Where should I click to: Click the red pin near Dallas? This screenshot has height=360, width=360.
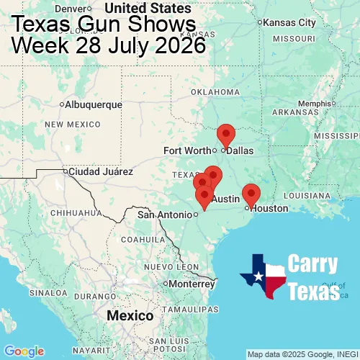coord(226,135)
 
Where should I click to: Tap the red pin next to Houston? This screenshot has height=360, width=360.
coord(251,194)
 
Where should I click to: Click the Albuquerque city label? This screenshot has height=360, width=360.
coord(93,104)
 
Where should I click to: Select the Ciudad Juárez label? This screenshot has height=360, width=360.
coord(100,172)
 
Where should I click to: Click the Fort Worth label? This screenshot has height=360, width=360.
coord(186,150)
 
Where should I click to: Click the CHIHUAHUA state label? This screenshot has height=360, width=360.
coord(71,213)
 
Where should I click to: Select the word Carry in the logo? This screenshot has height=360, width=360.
coord(314,264)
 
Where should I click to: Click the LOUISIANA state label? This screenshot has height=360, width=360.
coord(307,196)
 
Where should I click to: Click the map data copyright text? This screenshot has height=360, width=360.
coord(302,354)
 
